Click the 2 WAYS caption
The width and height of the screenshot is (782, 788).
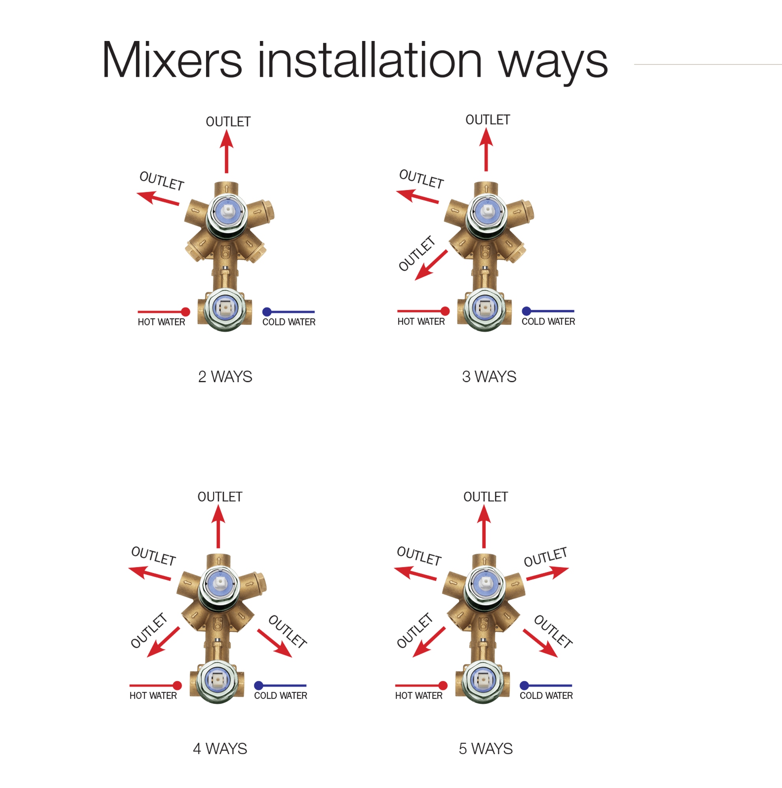tap(225, 376)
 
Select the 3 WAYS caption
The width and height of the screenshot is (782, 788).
tap(489, 376)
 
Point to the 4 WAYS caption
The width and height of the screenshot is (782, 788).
tap(220, 749)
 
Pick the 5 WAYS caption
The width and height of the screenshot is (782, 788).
tap(486, 749)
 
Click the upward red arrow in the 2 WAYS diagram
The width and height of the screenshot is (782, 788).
tap(226, 151)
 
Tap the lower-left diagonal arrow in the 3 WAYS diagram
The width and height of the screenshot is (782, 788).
tap(431, 265)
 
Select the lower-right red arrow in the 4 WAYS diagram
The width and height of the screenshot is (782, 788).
tap(275, 643)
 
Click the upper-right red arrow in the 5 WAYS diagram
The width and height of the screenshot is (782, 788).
tap(547, 573)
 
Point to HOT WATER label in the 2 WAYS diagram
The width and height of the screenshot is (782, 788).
tap(162, 322)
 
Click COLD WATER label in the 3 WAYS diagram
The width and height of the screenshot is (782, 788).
tap(548, 322)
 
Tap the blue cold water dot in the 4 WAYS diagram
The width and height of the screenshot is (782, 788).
tap(259, 685)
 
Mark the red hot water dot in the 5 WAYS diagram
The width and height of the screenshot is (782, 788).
tap(443, 685)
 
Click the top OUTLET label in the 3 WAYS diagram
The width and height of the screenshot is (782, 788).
tap(488, 120)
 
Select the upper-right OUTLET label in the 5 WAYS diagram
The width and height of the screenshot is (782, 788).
tap(546, 557)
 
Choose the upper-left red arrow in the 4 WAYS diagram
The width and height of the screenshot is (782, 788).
tap(150, 573)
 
